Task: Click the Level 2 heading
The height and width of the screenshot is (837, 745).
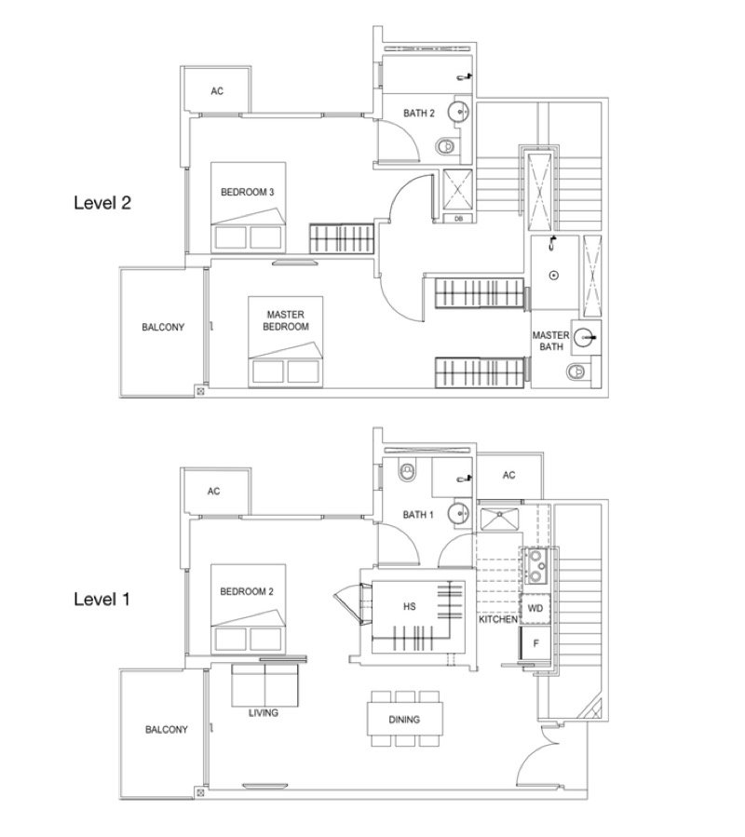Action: (x=102, y=203)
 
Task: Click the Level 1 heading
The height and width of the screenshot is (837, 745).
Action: (x=102, y=600)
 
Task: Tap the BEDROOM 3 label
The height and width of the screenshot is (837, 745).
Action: (x=248, y=192)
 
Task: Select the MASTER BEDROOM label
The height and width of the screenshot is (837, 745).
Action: (x=286, y=321)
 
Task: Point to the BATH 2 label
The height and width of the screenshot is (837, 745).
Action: (x=419, y=114)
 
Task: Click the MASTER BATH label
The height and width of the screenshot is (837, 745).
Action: (x=550, y=341)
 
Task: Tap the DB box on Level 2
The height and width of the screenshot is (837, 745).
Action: (x=458, y=219)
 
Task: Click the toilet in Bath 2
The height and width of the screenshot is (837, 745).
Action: (x=446, y=145)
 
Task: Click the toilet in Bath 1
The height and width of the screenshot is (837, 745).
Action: (x=407, y=472)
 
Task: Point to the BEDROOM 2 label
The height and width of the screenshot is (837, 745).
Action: (x=247, y=591)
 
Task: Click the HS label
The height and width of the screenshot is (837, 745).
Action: (x=410, y=607)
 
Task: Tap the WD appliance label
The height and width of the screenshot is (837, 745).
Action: (x=535, y=609)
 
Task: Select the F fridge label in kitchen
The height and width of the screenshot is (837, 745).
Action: (x=536, y=643)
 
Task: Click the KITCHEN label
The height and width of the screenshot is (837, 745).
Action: (x=497, y=619)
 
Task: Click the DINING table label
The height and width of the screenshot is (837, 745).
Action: (x=404, y=720)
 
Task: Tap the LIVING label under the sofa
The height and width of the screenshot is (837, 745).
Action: (x=264, y=712)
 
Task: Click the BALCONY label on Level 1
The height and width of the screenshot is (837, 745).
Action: (x=167, y=730)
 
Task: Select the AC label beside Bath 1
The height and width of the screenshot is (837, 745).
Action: (x=509, y=475)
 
